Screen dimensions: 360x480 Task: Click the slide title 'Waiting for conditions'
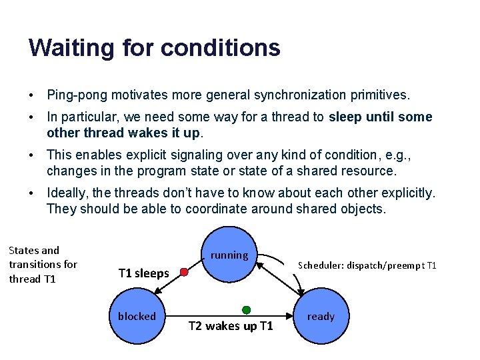point(154,47)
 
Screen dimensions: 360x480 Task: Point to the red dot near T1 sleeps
point(185,272)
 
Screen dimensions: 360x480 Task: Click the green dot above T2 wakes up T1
point(246,310)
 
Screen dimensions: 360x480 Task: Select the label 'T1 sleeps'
point(143,273)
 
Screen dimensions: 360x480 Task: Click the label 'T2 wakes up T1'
point(231,326)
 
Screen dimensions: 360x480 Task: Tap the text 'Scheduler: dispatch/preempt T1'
point(367,265)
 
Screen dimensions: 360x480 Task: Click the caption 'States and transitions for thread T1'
point(43,265)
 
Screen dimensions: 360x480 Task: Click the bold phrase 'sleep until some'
point(380,117)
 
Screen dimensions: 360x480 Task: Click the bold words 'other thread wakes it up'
point(123,133)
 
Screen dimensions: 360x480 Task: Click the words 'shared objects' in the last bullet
point(345,209)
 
